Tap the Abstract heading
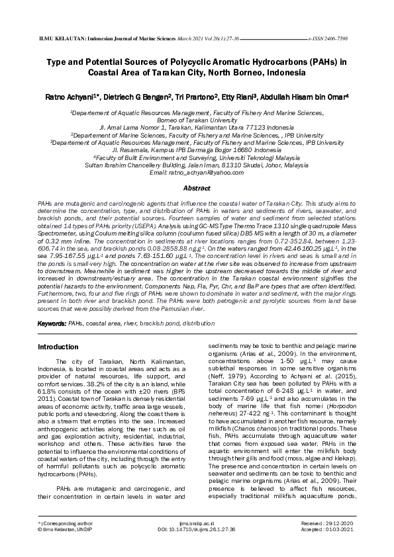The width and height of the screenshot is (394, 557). coord(197,188)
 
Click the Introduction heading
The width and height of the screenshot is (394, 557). coord(58,347)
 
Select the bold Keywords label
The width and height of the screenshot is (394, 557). coord(51,324)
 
